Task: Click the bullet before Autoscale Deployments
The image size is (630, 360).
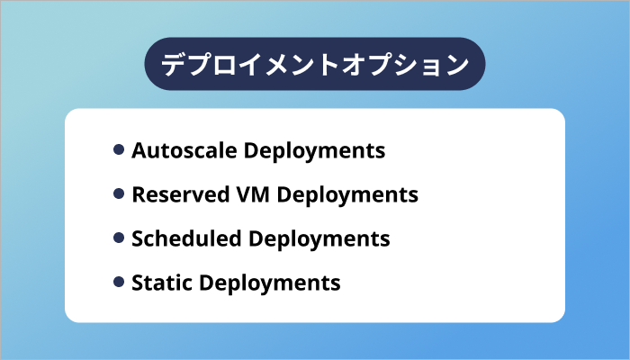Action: pyautogui.click(x=119, y=149)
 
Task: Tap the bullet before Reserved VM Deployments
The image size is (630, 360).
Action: pyautogui.click(x=119, y=193)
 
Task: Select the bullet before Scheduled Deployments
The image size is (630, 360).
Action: pyautogui.click(x=119, y=238)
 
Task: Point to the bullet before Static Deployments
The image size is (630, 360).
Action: pyautogui.click(x=119, y=282)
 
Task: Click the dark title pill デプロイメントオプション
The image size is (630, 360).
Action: pyautogui.click(x=315, y=65)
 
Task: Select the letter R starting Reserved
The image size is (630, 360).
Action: pyautogui.click(x=138, y=194)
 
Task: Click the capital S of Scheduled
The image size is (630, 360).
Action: pyautogui.click(x=138, y=238)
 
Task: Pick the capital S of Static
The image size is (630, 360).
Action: pyautogui.click(x=138, y=283)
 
